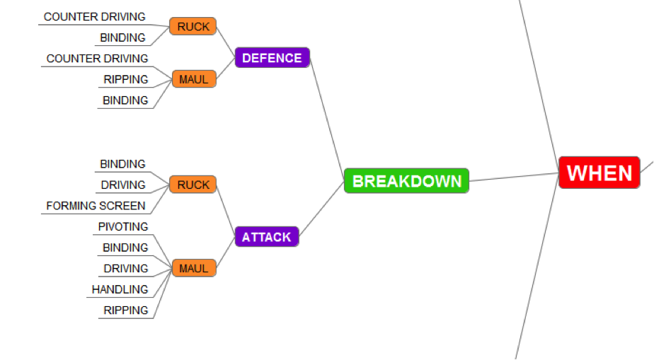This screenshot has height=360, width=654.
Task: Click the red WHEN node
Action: pyautogui.click(x=599, y=173)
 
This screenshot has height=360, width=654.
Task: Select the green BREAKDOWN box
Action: pyautogui.click(x=406, y=181)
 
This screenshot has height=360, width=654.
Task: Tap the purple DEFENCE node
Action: pyautogui.click(x=272, y=58)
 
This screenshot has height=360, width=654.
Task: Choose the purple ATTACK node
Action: pyautogui.click(x=266, y=237)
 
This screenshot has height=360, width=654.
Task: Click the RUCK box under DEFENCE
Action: pyautogui.click(x=193, y=27)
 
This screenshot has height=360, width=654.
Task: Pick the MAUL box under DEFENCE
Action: pyautogui.click(x=193, y=79)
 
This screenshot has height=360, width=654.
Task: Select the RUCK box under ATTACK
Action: pyautogui.click(x=193, y=185)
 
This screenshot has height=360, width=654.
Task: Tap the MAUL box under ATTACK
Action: pyautogui.click(x=193, y=268)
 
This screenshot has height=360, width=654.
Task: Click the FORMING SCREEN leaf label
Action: pyautogui.click(x=96, y=206)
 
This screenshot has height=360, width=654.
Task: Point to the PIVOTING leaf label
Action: pyautogui.click(x=123, y=226)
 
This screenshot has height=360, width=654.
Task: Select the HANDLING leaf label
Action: pyautogui.click(x=120, y=289)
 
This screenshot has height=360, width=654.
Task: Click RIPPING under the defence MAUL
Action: pyautogui.click(x=126, y=79)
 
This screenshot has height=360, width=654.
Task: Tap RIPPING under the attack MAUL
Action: pyautogui.click(x=126, y=310)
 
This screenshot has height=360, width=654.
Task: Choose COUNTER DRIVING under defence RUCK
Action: pyautogui.click(x=95, y=16)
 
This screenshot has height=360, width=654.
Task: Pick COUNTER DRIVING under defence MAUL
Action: pyautogui.click(x=98, y=58)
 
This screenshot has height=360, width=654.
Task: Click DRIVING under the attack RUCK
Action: pyautogui.click(x=123, y=185)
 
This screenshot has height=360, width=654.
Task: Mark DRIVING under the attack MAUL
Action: pyautogui.click(x=126, y=268)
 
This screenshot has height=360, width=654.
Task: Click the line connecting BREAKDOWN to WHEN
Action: pyautogui.click(x=513, y=177)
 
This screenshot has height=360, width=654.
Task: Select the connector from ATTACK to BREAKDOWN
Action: pyautogui.click(x=322, y=209)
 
